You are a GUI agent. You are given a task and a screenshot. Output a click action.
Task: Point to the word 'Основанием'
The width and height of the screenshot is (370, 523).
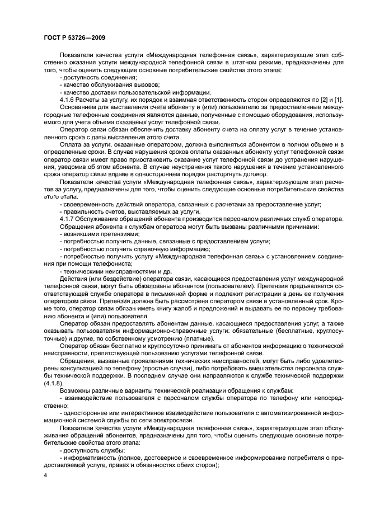pyautogui.click(x=78, y=106)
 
